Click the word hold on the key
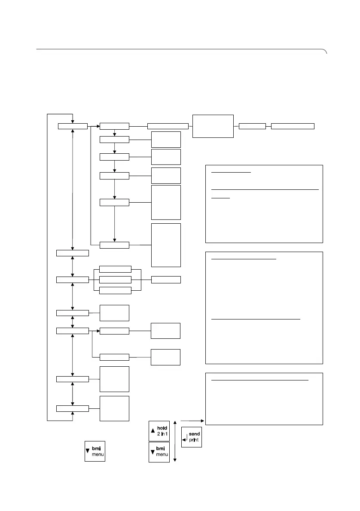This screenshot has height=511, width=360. (x=162, y=428)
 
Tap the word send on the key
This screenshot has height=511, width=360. (x=195, y=434)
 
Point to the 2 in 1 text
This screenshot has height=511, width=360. (x=162, y=434)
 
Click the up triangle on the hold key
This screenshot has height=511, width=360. (x=153, y=431)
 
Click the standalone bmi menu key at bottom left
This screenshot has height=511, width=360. (x=95, y=451)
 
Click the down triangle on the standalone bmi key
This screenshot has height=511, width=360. (x=88, y=451)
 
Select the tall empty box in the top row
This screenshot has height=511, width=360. (x=213, y=126)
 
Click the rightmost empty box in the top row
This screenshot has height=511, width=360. (x=293, y=126)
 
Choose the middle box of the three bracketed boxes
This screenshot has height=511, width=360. (x=115, y=280)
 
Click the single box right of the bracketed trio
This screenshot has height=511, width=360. (x=166, y=280)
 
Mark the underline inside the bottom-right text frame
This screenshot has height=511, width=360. (x=259, y=380)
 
